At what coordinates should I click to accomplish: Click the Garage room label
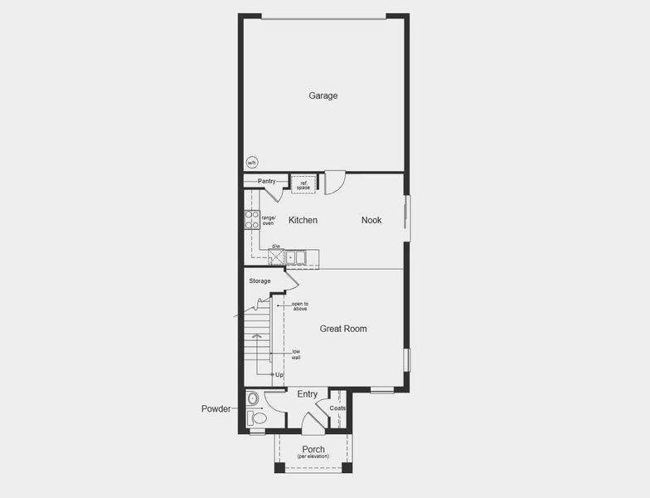(323, 95)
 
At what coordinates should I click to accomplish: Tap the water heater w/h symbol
(252, 163)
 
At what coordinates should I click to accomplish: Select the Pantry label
(266, 181)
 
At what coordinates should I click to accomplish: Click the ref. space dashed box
(303, 184)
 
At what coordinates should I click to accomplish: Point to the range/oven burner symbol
(252, 219)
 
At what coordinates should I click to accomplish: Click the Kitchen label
(303, 220)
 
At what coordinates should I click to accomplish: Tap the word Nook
(371, 220)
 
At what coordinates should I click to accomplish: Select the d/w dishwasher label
(275, 247)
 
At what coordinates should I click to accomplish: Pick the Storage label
(260, 281)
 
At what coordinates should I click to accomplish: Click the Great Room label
(343, 329)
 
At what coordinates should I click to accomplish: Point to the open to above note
(299, 306)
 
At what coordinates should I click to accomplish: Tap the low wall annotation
(296, 354)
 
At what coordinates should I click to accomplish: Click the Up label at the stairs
(279, 374)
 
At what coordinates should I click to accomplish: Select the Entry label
(307, 393)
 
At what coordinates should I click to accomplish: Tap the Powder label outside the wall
(216, 409)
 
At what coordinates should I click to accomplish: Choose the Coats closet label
(337, 408)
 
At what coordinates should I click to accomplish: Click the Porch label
(313, 450)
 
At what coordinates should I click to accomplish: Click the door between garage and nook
(334, 183)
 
